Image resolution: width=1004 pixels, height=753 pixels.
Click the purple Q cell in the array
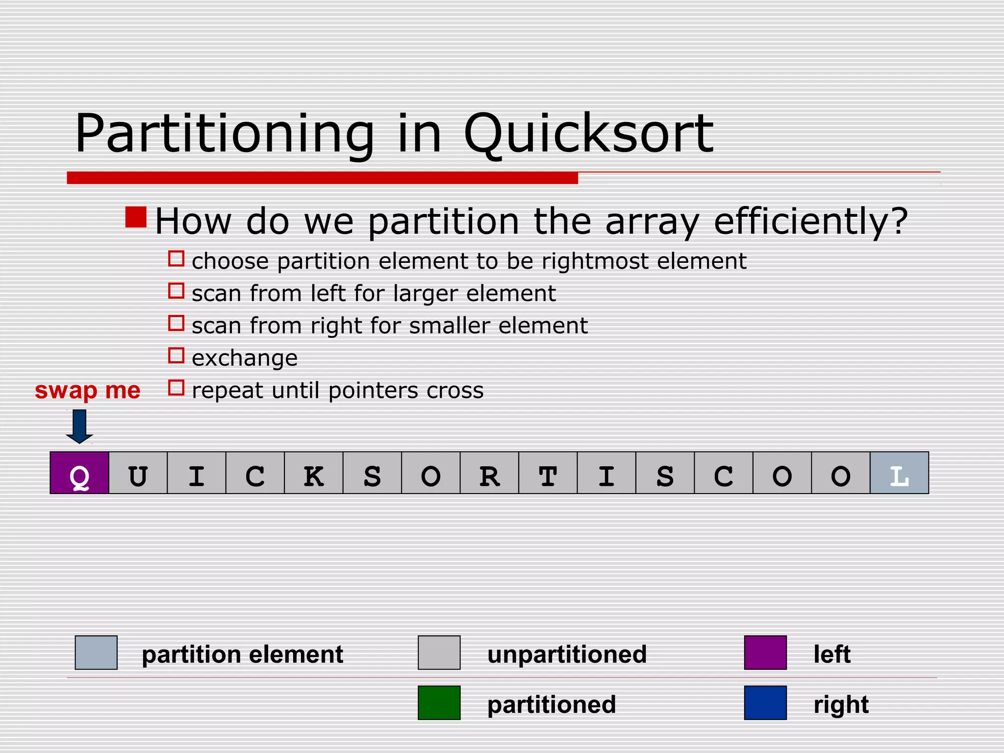click(79, 473)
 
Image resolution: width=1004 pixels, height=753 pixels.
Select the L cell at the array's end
click(899, 473)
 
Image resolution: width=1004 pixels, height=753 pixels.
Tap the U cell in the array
click(138, 473)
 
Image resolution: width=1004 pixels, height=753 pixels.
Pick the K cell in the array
click(314, 473)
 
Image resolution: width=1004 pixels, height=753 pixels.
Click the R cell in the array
click(489, 473)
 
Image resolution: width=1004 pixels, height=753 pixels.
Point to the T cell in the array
click(548, 473)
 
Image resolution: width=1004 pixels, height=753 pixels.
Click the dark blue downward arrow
click(79, 426)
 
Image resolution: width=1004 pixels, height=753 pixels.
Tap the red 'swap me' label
click(87, 390)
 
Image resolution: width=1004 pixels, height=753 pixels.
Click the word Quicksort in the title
click(588, 133)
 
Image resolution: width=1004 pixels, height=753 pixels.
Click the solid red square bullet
click(136, 217)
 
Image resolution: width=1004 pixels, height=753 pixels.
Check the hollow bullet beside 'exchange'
click(176, 355)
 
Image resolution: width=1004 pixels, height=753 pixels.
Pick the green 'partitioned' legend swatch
click(439, 703)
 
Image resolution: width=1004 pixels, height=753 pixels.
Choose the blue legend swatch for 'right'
click(765, 703)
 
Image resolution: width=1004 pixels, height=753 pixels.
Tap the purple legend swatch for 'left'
click(765, 653)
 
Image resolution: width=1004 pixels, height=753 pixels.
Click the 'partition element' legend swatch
click(96, 653)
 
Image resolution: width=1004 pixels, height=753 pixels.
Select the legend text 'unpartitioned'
click(567, 654)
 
